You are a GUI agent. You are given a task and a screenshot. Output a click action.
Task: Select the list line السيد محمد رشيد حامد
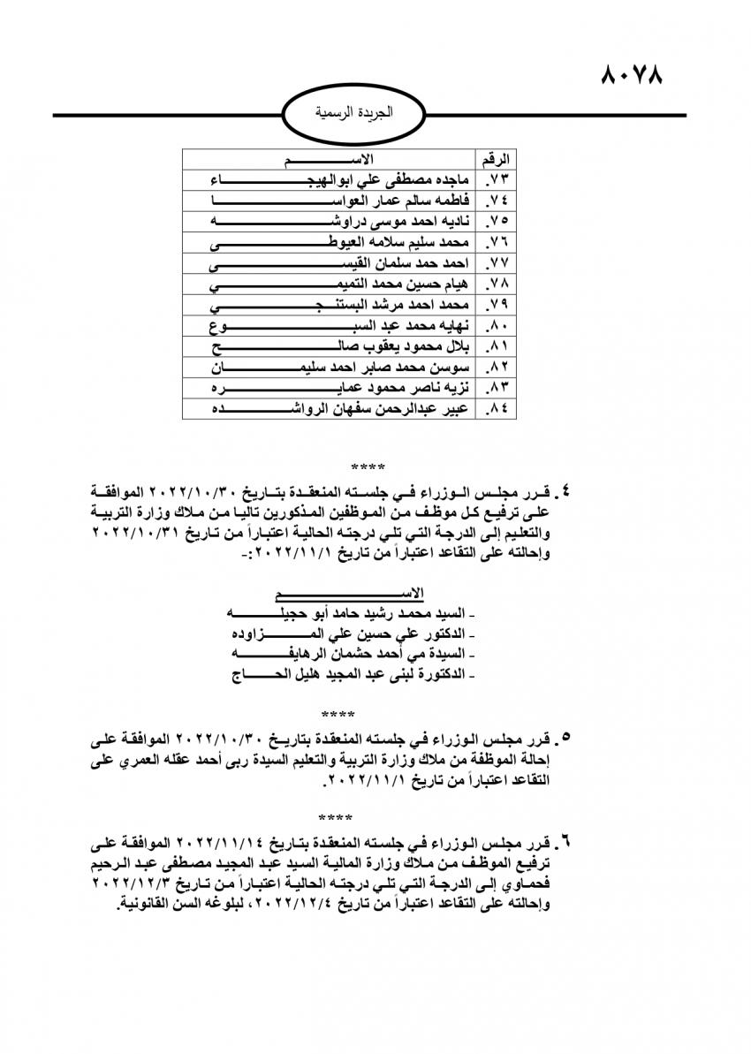pos(349,613)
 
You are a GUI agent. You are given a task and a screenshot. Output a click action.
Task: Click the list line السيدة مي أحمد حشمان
pos(349,655)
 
